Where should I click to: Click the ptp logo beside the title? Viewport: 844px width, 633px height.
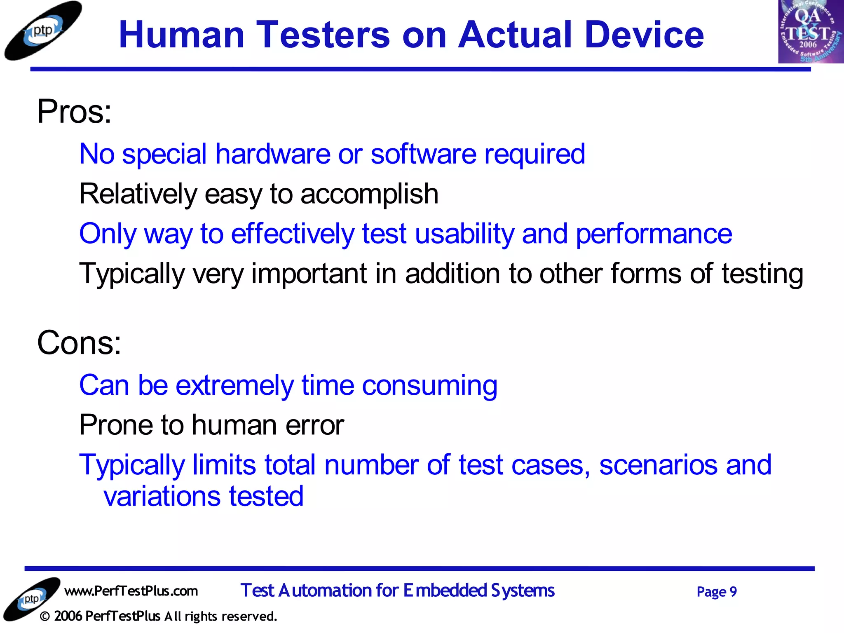[42, 31]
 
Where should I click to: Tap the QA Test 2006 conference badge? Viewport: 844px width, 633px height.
[810, 32]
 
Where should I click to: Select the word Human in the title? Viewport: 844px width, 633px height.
[181, 35]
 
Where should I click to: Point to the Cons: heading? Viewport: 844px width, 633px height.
[79, 343]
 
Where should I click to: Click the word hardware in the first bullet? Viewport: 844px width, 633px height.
[272, 154]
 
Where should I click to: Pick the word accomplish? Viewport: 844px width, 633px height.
[369, 194]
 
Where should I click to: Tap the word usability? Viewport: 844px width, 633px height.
[464, 234]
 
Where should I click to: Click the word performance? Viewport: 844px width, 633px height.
[654, 234]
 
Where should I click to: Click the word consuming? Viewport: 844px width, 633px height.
[429, 385]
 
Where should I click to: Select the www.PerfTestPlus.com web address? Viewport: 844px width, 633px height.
[131, 591]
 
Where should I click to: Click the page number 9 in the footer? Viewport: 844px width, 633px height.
[733, 592]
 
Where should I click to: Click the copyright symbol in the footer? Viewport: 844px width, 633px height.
[45, 617]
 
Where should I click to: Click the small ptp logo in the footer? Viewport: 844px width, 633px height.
[31, 599]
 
